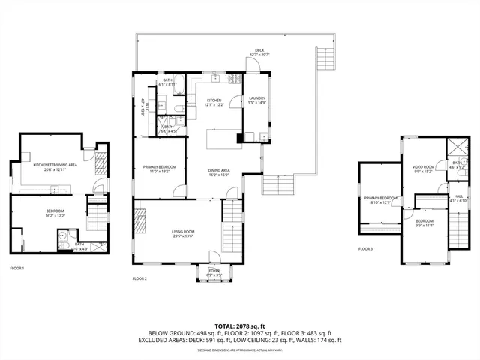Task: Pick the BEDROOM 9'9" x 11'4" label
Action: coord(424,223)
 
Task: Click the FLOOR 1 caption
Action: coord(16,268)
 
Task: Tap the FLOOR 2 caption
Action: coord(139,278)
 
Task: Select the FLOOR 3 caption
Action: coord(365,248)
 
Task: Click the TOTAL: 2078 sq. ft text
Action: coord(240,325)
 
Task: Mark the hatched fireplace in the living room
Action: coord(139,223)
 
